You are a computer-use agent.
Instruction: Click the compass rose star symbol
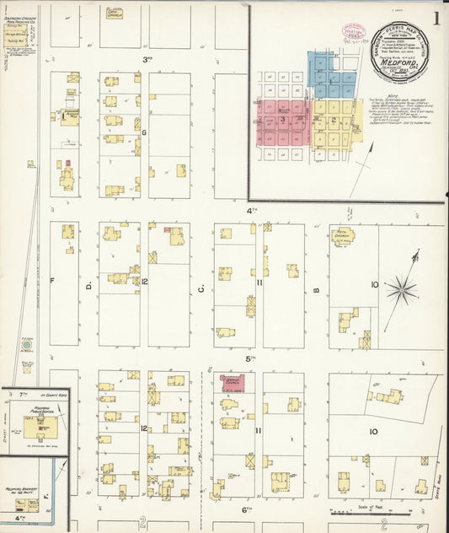click(401, 292)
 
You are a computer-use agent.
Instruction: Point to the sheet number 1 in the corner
click(436, 18)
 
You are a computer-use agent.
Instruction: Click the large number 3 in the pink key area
click(284, 121)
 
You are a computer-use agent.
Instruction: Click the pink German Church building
click(238, 383)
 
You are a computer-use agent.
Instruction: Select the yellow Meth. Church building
click(343, 237)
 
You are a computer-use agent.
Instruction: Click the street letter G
click(144, 132)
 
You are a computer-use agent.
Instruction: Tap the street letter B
click(317, 291)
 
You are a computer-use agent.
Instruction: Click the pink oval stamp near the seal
click(349, 30)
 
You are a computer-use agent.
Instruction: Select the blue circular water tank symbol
click(27, 346)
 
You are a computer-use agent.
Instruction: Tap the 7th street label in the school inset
click(23, 394)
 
